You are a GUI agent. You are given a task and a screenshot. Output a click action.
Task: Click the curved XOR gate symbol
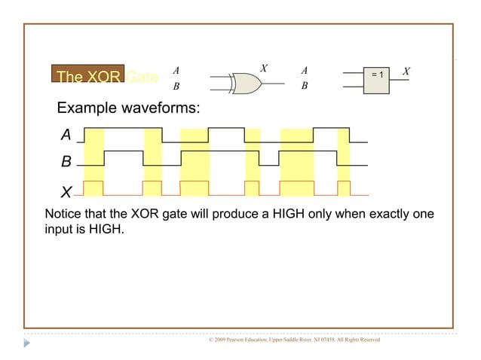coord(243,82)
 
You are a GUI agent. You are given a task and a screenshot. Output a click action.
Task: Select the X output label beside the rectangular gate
coord(406,72)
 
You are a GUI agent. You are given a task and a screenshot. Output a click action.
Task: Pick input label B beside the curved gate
coord(176,86)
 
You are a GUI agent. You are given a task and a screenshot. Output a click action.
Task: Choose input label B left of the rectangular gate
coord(305,86)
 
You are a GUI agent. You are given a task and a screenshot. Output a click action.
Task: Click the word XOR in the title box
coord(104,77)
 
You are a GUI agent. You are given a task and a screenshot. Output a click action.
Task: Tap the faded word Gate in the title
coord(142,77)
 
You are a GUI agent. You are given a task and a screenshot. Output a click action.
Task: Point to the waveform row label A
coord(66,135)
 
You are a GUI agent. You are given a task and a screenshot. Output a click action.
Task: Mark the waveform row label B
coord(66,162)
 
